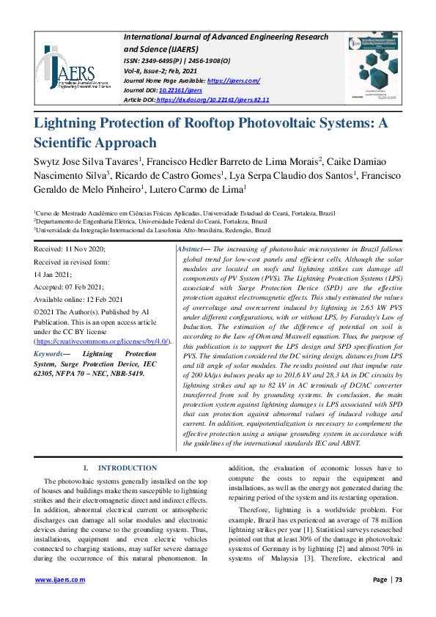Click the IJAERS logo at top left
67,70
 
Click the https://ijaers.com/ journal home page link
234,81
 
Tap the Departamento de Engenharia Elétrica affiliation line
142,221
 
